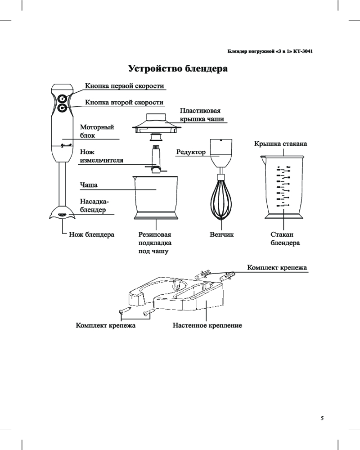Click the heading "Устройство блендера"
pyautogui.click(x=178, y=69)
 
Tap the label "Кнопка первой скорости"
pyautogui.click(x=125, y=86)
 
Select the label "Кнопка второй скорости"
pyautogui.click(x=124, y=103)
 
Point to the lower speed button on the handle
pyautogui.click(x=62, y=108)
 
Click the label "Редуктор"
pyautogui.click(x=191, y=152)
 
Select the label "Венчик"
pyautogui.click(x=222, y=234)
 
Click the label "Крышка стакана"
pyautogui.click(x=281, y=144)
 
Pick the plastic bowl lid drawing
pyautogui.click(x=156, y=123)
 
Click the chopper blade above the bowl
pyautogui.click(x=156, y=160)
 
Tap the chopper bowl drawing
pyautogui.click(x=156, y=198)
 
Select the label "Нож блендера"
pyautogui.click(x=91, y=234)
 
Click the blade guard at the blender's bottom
pyautogui.click(x=62, y=212)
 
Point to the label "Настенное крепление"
pyautogui.click(x=207, y=325)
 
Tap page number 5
pyautogui.click(x=322, y=418)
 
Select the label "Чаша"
pyautogui.click(x=89, y=185)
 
